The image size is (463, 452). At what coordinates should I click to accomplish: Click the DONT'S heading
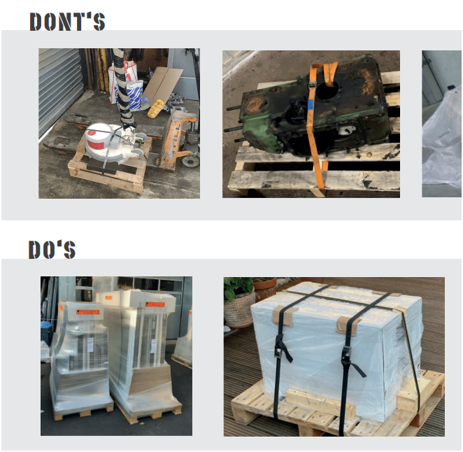67,21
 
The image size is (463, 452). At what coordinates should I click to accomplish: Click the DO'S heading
52,249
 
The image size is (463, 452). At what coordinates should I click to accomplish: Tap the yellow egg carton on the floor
155,108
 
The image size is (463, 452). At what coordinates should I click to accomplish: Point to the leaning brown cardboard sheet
162,81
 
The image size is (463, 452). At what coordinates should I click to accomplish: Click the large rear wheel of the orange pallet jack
189,160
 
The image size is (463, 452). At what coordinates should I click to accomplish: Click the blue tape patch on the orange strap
310,104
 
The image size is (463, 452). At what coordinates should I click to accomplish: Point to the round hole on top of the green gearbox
327,89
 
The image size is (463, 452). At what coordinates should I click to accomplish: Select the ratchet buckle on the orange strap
313,85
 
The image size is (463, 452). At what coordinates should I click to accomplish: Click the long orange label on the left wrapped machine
88,312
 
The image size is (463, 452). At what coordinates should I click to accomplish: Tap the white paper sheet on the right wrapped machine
154,346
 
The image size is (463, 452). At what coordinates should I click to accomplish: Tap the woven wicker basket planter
239,307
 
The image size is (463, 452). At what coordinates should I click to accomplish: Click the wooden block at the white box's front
320,403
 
